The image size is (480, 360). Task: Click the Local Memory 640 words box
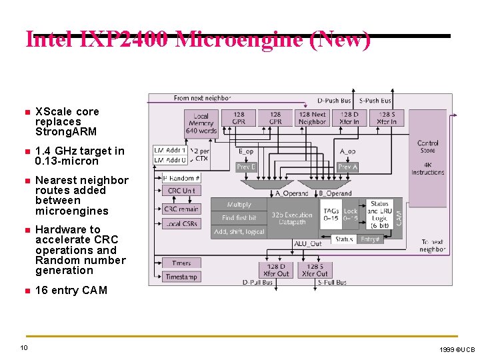(x=201, y=123)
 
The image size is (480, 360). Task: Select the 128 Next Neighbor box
(x=312, y=118)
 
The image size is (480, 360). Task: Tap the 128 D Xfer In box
(x=349, y=118)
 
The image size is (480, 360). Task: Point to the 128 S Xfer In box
(x=386, y=118)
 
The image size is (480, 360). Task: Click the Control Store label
(x=428, y=147)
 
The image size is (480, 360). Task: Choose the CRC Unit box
(x=181, y=191)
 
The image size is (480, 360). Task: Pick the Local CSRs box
(x=181, y=224)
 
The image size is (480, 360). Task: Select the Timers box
(x=181, y=263)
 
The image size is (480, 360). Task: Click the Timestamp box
(x=181, y=277)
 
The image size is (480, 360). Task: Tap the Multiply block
(x=239, y=205)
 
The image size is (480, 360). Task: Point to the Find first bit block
(x=239, y=218)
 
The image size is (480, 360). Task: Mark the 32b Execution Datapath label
(x=292, y=218)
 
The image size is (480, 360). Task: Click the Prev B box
(x=246, y=167)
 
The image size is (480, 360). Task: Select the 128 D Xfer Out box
(x=276, y=270)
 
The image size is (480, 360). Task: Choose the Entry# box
(x=370, y=239)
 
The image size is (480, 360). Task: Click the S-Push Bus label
(x=375, y=101)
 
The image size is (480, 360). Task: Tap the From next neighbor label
(x=202, y=98)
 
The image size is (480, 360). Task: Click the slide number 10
(x=23, y=348)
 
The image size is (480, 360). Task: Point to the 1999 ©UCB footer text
(x=457, y=349)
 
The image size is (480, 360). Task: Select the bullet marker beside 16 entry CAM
(x=25, y=291)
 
